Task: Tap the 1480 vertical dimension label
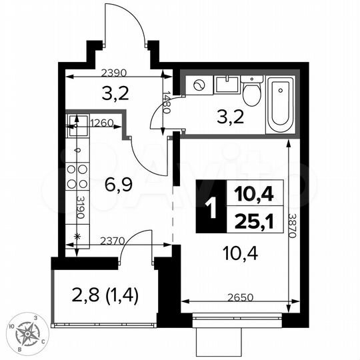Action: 167,103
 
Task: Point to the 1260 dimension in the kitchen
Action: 101,122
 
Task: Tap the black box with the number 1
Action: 211,207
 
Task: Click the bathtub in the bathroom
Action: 280,105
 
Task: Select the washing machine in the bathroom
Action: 199,85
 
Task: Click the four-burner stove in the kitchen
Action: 76,175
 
